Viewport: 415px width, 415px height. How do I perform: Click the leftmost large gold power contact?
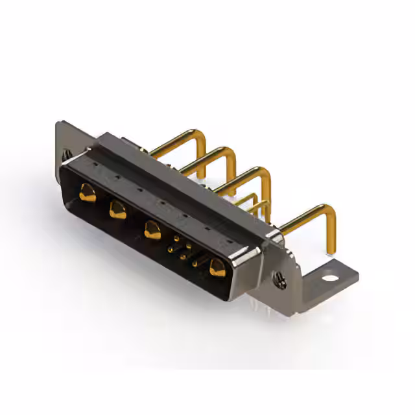87,192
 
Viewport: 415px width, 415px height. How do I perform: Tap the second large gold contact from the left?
118,209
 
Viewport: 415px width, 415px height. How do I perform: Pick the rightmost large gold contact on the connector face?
217,267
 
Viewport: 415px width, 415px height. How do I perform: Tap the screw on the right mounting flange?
280,279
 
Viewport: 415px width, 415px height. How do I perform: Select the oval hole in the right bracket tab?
330,279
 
